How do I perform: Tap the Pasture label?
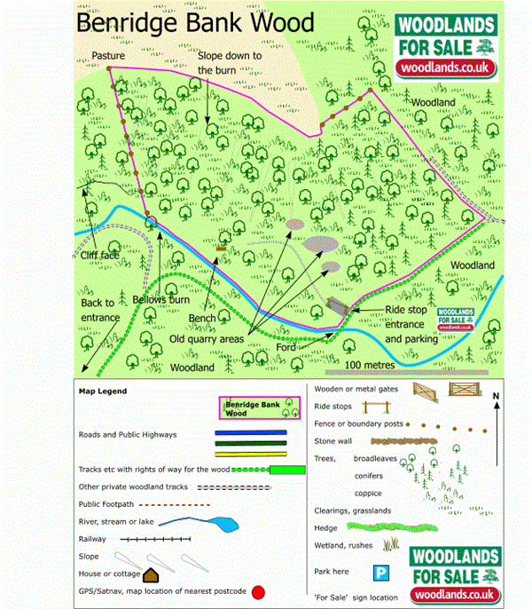(x=108, y=55)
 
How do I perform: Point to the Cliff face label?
(x=98, y=256)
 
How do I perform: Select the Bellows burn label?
(x=161, y=300)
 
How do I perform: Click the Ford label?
(x=286, y=347)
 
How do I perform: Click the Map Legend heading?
(x=103, y=391)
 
